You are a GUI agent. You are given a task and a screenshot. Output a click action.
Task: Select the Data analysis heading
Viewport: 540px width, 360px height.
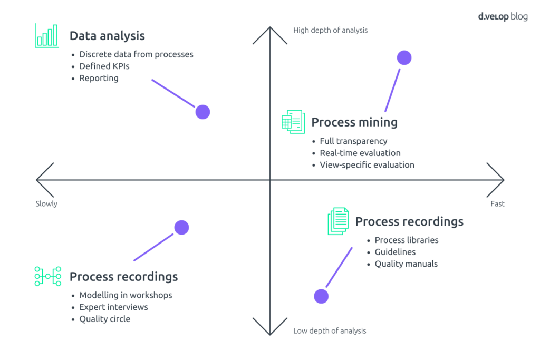click(107, 36)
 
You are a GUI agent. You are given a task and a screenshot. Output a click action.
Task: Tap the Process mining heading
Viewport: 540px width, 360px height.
click(354, 122)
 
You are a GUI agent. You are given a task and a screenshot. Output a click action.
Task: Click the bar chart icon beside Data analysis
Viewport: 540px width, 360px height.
click(47, 35)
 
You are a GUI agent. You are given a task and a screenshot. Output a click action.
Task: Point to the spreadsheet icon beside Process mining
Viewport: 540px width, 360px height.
click(293, 122)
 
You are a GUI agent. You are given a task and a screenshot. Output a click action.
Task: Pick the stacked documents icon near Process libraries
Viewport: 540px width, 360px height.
click(338, 221)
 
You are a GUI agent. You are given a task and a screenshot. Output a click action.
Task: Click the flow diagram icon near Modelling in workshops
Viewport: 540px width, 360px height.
click(47, 276)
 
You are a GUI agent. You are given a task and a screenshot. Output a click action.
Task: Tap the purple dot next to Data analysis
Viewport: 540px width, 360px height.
click(202, 112)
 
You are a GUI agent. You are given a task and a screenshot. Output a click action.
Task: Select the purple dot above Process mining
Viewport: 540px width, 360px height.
click(404, 58)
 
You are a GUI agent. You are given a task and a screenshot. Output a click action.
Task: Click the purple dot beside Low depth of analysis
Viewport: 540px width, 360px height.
click(321, 296)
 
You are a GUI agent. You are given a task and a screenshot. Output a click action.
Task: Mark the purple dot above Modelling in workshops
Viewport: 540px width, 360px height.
click(181, 227)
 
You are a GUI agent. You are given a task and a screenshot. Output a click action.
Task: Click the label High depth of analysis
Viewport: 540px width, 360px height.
click(330, 31)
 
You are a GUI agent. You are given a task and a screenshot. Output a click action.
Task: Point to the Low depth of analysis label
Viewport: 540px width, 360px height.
click(330, 331)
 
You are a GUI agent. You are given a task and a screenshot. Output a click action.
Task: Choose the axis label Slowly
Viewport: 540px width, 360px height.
click(46, 204)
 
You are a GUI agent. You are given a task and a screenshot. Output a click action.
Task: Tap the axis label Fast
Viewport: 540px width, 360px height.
click(497, 204)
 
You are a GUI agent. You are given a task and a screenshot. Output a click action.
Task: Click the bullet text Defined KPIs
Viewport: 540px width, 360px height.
click(104, 66)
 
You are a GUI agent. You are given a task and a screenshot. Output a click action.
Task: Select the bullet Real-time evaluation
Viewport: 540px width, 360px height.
click(360, 153)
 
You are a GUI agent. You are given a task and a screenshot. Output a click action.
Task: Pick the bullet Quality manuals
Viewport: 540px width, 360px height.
click(406, 264)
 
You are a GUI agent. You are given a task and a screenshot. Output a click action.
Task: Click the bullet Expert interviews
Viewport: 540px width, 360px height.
click(113, 307)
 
